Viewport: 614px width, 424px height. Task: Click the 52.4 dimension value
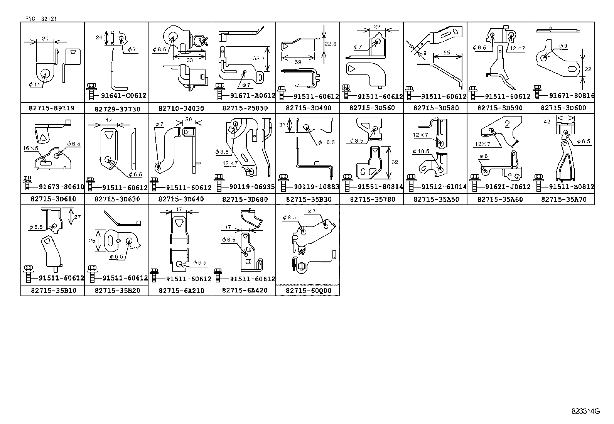258,58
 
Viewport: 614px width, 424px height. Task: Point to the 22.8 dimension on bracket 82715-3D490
331,44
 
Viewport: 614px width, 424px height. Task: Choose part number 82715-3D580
436,108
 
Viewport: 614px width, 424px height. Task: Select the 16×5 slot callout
30,148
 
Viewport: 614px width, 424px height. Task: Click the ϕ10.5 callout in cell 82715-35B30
326,143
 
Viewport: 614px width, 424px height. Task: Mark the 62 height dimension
394,162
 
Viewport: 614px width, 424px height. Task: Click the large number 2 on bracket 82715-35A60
507,124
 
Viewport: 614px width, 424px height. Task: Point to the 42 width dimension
547,122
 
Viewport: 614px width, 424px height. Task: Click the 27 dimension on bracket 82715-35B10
78,217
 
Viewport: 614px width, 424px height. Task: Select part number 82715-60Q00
308,291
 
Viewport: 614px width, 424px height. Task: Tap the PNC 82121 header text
42,19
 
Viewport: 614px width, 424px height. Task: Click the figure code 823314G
585,411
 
